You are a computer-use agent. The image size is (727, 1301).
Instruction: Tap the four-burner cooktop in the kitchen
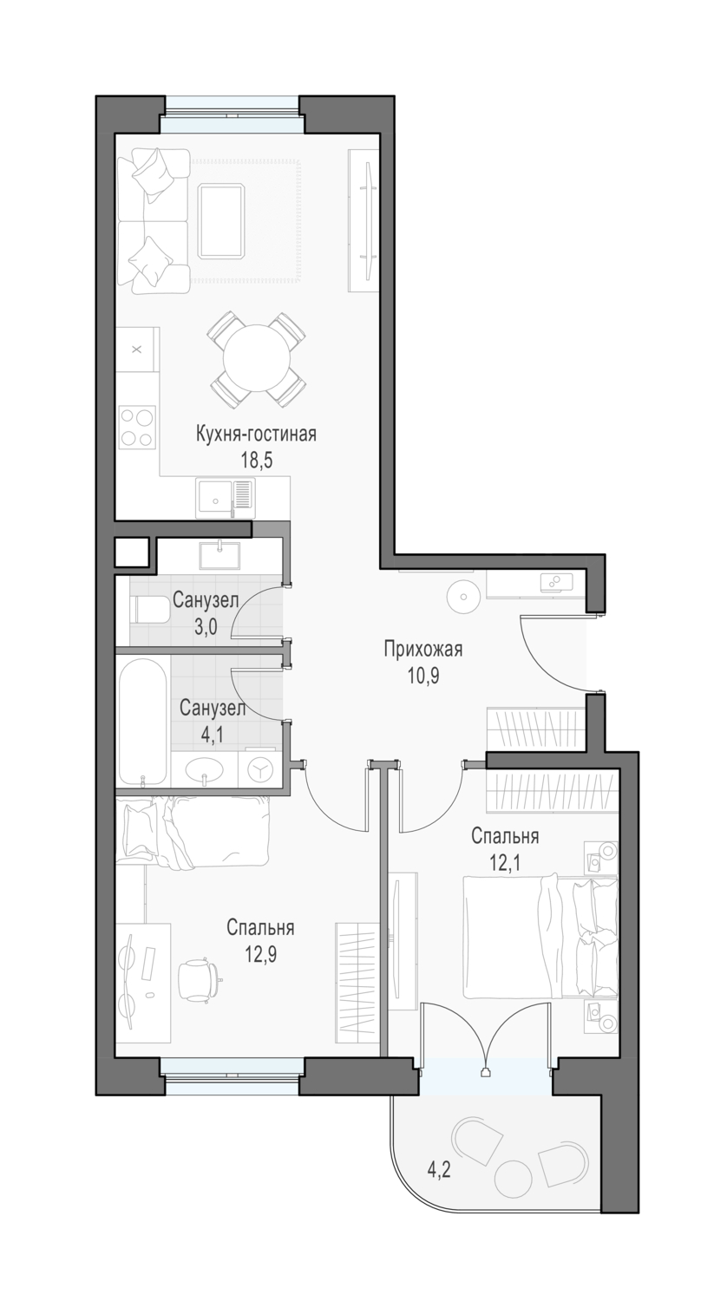click(x=137, y=427)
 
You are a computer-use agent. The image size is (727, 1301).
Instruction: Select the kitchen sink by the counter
click(x=226, y=499)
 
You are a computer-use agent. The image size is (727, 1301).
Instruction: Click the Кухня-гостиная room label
click(x=256, y=434)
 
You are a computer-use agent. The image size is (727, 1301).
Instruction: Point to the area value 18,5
click(x=257, y=461)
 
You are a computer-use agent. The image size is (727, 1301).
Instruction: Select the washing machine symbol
click(x=259, y=770)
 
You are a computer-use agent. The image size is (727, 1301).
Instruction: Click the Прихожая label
click(x=423, y=649)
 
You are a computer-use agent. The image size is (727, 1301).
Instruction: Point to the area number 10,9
click(x=423, y=676)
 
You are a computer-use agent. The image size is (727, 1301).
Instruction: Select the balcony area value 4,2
click(x=439, y=1168)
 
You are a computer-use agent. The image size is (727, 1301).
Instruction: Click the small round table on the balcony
click(x=513, y=1177)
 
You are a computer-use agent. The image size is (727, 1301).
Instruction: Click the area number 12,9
click(x=260, y=954)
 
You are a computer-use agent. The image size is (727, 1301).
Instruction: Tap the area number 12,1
click(x=504, y=863)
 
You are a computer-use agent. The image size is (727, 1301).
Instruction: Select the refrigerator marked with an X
click(x=137, y=350)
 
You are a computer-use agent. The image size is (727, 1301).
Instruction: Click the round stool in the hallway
click(x=463, y=596)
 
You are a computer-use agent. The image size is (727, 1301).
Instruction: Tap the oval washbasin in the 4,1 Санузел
click(x=204, y=771)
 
